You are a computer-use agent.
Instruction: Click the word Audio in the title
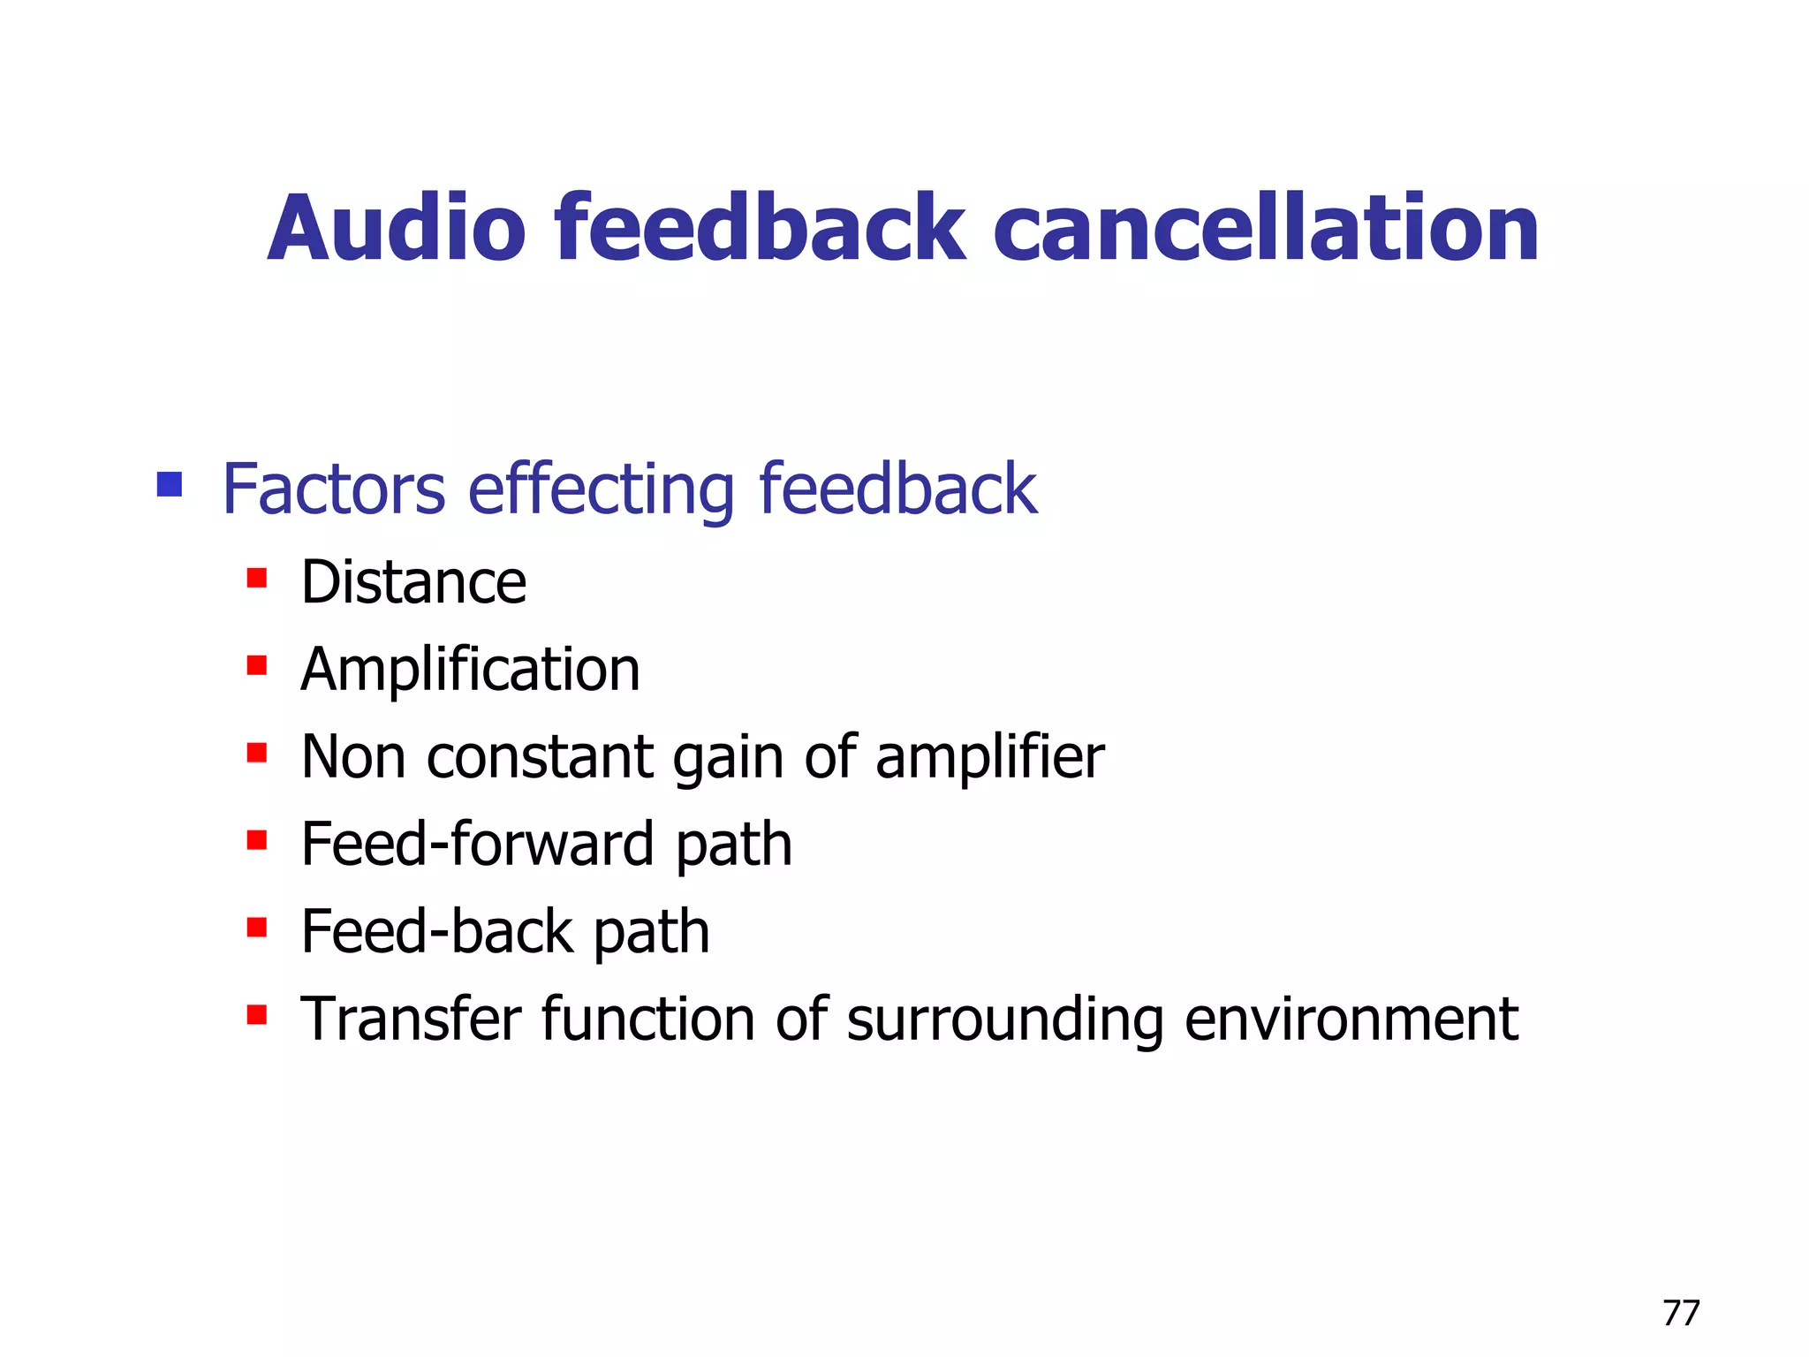(397, 229)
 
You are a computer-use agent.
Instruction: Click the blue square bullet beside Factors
(169, 484)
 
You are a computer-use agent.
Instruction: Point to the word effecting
(601, 490)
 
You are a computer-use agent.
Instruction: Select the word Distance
(413, 582)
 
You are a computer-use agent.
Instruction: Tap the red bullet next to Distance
(257, 579)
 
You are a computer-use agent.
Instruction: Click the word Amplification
(470, 670)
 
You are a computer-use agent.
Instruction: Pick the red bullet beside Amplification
(257, 665)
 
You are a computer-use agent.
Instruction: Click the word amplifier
(989, 758)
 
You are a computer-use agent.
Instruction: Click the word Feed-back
(437, 932)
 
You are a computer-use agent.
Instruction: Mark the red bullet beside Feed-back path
(257, 928)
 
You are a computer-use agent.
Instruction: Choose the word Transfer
(411, 1020)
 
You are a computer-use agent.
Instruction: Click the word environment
(1351, 1020)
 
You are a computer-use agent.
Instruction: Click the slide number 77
(1680, 1313)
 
